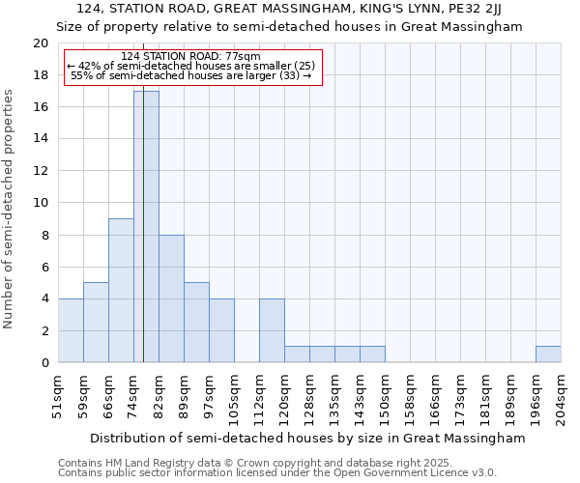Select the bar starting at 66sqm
[121, 291]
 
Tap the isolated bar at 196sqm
[548, 355]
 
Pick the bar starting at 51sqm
[71, 330]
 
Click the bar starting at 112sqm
[272, 330]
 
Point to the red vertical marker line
[143, 241]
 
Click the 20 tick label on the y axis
[41, 43]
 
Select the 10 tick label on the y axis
[41, 203]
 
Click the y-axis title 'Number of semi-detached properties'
[10, 209]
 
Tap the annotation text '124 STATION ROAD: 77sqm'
[190, 57]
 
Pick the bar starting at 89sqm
[196, 323]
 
